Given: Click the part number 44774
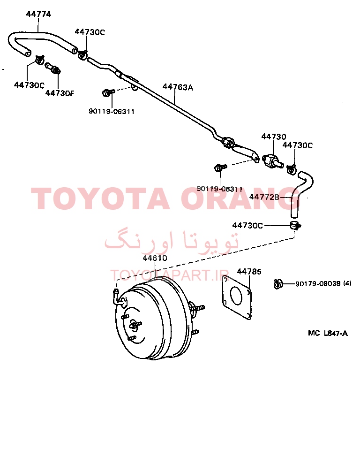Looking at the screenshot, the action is coord(38,14).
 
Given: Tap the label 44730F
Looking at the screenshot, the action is coord(60,93).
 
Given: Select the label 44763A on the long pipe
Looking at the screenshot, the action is coord(178,87).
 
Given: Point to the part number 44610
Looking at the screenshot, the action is coord(155,258).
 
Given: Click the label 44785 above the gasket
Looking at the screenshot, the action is coord(249,272).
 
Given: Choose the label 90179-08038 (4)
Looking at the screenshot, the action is coord(323,283).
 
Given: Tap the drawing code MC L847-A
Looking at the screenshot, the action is coord(328,333).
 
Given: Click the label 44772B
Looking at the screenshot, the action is coord(264,197).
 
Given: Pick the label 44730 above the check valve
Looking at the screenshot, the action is coord(273,137).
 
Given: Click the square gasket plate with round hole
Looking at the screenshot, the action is coord(237,297).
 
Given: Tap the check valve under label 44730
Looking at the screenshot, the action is coord(272,161).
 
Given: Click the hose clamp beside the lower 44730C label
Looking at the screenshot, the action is coord(295,226).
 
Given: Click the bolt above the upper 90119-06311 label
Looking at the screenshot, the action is coord(108,93).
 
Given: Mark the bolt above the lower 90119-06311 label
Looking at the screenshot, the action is coord(220,168).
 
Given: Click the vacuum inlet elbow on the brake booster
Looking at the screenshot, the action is coord(117,297).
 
